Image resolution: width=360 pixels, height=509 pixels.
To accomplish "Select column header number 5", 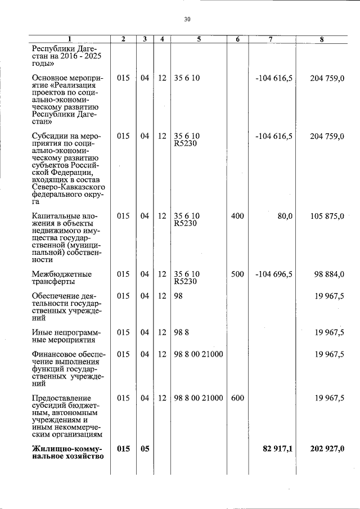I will (199, 39).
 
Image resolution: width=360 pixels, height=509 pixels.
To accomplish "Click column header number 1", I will (69, 39).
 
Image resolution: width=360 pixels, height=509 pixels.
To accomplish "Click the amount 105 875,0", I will (327, 216).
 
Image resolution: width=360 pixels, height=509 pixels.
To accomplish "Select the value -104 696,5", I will (274, 274).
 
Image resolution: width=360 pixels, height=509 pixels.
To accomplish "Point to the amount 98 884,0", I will (329, 274).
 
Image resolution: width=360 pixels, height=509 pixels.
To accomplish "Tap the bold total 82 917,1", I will (277, 449).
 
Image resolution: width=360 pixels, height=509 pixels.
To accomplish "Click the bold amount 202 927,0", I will (327, 449).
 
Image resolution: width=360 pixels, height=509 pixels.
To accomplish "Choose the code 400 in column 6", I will (237, 216).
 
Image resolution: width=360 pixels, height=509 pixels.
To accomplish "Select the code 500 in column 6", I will (237, 274).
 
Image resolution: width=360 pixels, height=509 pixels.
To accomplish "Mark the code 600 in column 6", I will (237, 398).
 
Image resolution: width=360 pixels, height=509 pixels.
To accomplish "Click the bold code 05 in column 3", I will (145, 449).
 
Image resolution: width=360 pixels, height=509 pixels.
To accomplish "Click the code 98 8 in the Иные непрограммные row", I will (181, 332).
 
